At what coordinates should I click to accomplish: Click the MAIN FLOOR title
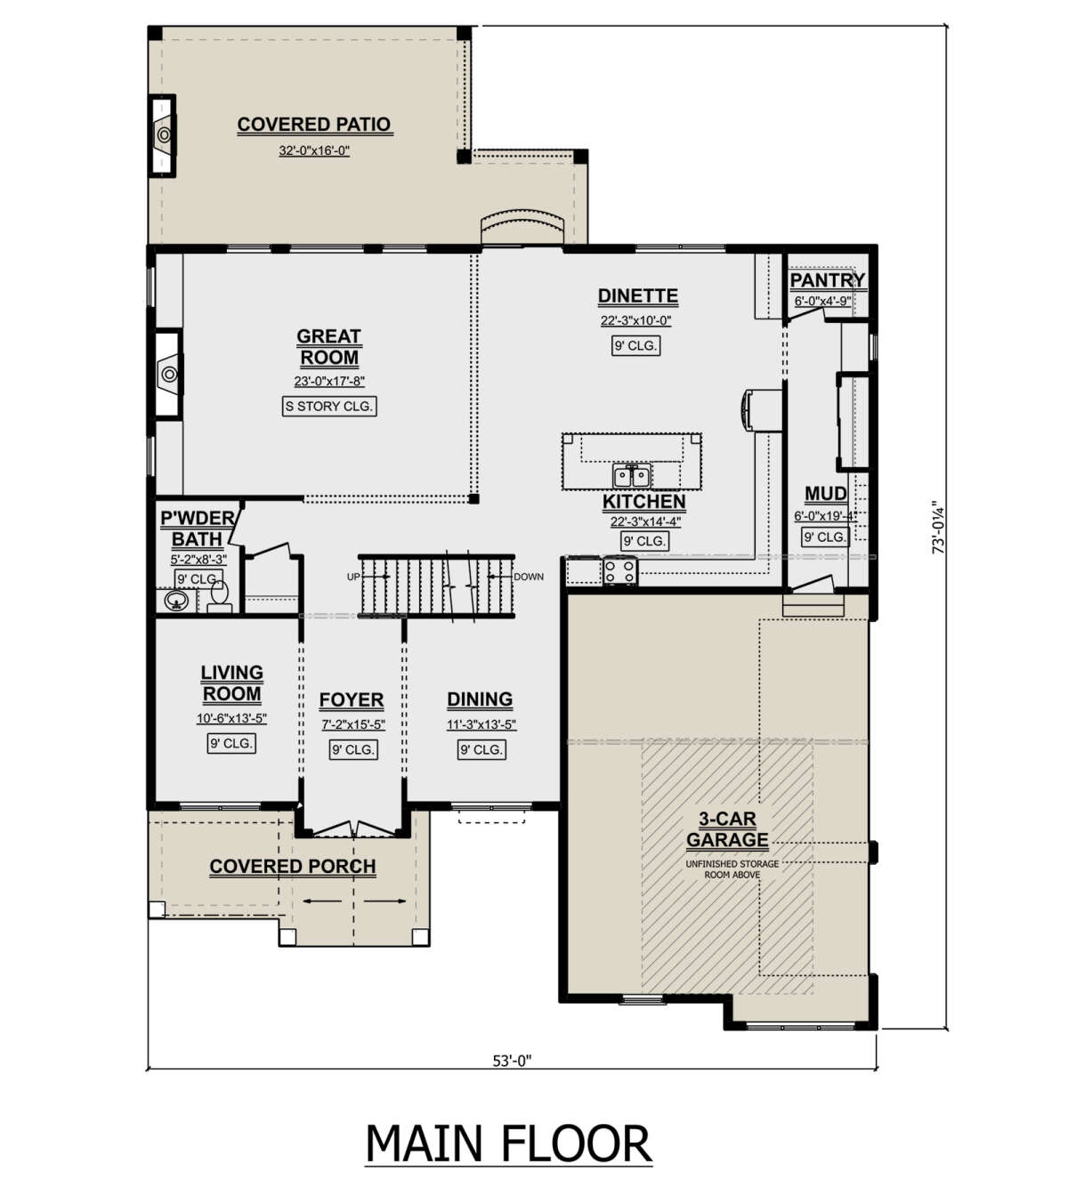coord(508,1143)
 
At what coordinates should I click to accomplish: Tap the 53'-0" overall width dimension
coord(512,1061)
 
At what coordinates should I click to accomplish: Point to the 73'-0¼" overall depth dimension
coord(938,527)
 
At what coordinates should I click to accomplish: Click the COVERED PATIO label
coord(314,124)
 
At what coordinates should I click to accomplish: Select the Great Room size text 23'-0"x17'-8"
coord(329,382)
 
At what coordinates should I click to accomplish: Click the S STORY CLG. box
coord(329,406)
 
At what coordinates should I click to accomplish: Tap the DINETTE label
coord(637,295)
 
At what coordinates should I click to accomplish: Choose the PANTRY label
coord(827,279)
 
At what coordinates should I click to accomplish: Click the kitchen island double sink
coord(632,475)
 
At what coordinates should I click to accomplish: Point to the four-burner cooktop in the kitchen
coord(620,570)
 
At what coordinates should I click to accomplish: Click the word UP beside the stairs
coord(353,577)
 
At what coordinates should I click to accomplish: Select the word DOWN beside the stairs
coord(529,577)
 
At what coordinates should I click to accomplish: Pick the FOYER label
coord(352,699)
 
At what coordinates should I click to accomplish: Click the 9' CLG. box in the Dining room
coord(481,749)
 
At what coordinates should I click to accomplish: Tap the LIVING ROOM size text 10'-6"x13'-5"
coord(231,718)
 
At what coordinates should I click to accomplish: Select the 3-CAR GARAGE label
coord(727,828)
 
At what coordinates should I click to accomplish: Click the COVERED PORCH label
coord(293,866)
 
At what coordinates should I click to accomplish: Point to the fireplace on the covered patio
coord(164,135)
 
